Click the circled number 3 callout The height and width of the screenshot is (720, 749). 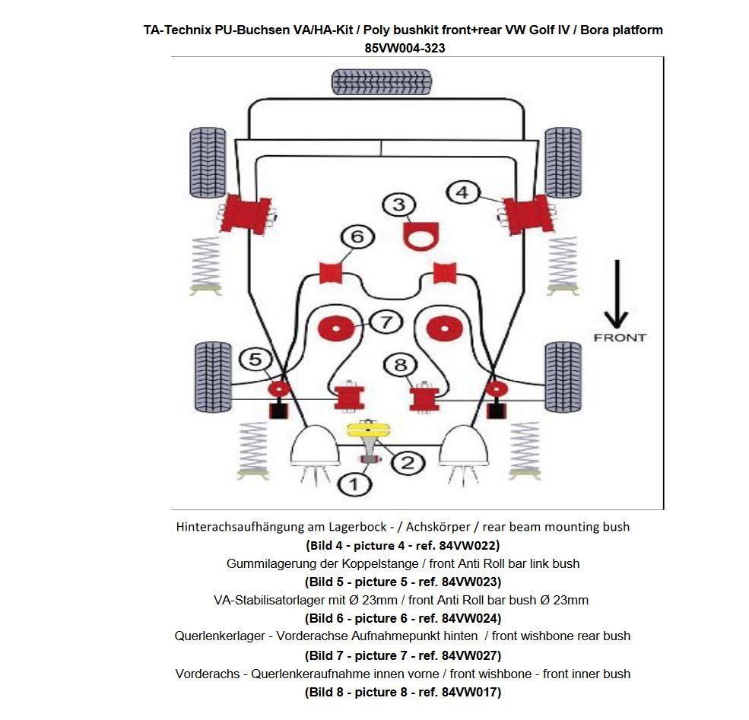point(399,205)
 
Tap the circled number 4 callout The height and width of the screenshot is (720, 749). point(462,192)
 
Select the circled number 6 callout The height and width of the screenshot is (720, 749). point(357,237)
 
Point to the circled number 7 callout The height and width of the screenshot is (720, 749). point(386,322)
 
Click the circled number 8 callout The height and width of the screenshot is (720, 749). point(401,365)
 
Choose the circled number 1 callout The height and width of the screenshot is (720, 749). point(355,482)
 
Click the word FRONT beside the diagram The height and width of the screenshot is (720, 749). point(620,337)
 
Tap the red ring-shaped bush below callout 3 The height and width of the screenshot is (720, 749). point(417,236)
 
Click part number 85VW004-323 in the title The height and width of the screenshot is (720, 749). point(405,48)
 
